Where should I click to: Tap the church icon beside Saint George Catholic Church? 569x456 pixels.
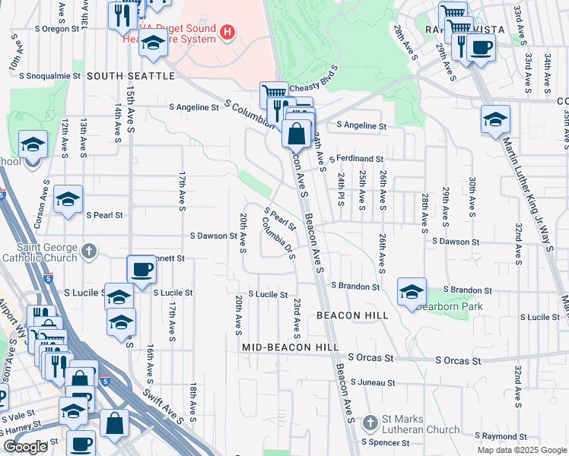89,250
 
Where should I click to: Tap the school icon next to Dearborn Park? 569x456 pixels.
411,292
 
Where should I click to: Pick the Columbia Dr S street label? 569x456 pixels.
278,236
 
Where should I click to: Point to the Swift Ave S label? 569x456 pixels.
173,407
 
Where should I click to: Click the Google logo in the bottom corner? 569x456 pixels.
25,447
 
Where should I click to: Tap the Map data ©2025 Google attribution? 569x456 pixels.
521,450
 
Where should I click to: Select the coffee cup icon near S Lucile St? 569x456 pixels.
141,270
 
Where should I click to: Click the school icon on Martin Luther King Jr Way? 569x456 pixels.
495,119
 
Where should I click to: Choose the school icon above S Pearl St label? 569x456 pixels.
68,200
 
